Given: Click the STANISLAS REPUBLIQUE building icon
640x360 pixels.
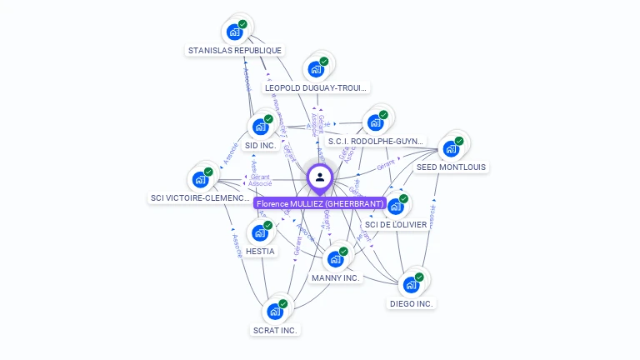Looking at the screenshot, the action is click(x=235, y=32).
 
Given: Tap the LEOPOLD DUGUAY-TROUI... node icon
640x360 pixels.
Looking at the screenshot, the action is click(x=317, y=69).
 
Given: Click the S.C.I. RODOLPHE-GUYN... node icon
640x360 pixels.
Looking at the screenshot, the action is click(x=376, y=122).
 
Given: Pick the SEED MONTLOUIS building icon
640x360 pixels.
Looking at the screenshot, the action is click(x=451, y=148).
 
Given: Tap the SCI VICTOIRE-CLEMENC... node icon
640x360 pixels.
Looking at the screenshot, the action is click(x=201, y=179).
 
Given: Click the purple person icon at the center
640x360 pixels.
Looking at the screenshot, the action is click(x=320, y=177).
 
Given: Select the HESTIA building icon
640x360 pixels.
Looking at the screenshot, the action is click(x=260, y=232).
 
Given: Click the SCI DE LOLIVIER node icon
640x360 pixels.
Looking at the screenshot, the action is click(x=396, y=206).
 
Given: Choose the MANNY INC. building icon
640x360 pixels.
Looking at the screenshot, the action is click(x=336, y=259).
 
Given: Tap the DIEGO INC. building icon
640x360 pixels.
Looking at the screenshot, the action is click(x=412, y=285).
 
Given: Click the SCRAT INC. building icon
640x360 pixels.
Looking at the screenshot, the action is click(x=275, y=312).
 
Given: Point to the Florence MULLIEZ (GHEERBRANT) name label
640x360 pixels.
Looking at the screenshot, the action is click(x=320, y=204).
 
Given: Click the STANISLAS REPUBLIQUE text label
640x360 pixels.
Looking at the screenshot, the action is click(x=235, y=51).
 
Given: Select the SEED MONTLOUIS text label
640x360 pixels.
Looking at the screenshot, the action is click(x=451, y=167).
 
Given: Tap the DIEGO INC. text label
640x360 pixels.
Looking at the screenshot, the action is click(x=412, y=304).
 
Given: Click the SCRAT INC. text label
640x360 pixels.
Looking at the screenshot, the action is click(x=275, y=330).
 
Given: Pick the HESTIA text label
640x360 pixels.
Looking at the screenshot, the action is click(x=260, y=252).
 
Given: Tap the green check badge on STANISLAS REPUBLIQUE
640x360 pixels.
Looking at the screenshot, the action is click(x=242, y=24).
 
